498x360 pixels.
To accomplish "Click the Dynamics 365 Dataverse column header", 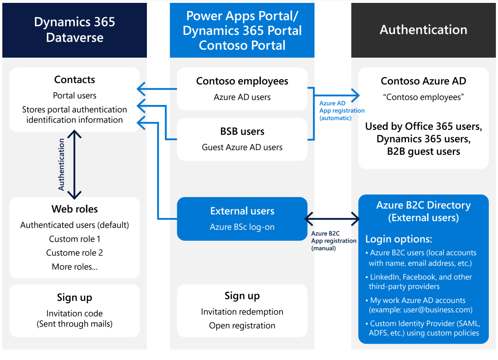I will coord(75,30).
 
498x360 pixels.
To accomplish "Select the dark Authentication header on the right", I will coord(423,30).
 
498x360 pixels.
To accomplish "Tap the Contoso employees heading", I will coord(242,81).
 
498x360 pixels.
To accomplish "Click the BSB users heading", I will coord(242,131).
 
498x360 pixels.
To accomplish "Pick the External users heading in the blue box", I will coord(242,211).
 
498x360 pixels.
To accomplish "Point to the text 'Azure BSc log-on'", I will coord(242,227).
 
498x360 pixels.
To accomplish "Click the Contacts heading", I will coord(75,80).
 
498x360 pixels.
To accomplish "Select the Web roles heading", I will coord(75,209).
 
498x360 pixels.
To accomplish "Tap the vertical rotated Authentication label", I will coord(61,165).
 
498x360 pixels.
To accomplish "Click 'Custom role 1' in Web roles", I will coord(75,239).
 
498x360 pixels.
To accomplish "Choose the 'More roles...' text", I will coord(75,267).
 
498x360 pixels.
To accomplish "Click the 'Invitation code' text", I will coord(75,314).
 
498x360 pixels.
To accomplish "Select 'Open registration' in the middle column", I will coord(242,326).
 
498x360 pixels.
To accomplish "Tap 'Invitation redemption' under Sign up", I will coord(242,312).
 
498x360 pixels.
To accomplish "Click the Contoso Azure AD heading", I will coord(423,81).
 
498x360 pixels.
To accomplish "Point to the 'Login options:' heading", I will coord(398,239).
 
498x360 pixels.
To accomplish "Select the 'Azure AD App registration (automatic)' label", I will coord(342,111).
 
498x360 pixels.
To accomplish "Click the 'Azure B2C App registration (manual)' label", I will coord(334,241).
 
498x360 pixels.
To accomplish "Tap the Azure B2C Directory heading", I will coord(423,205).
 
